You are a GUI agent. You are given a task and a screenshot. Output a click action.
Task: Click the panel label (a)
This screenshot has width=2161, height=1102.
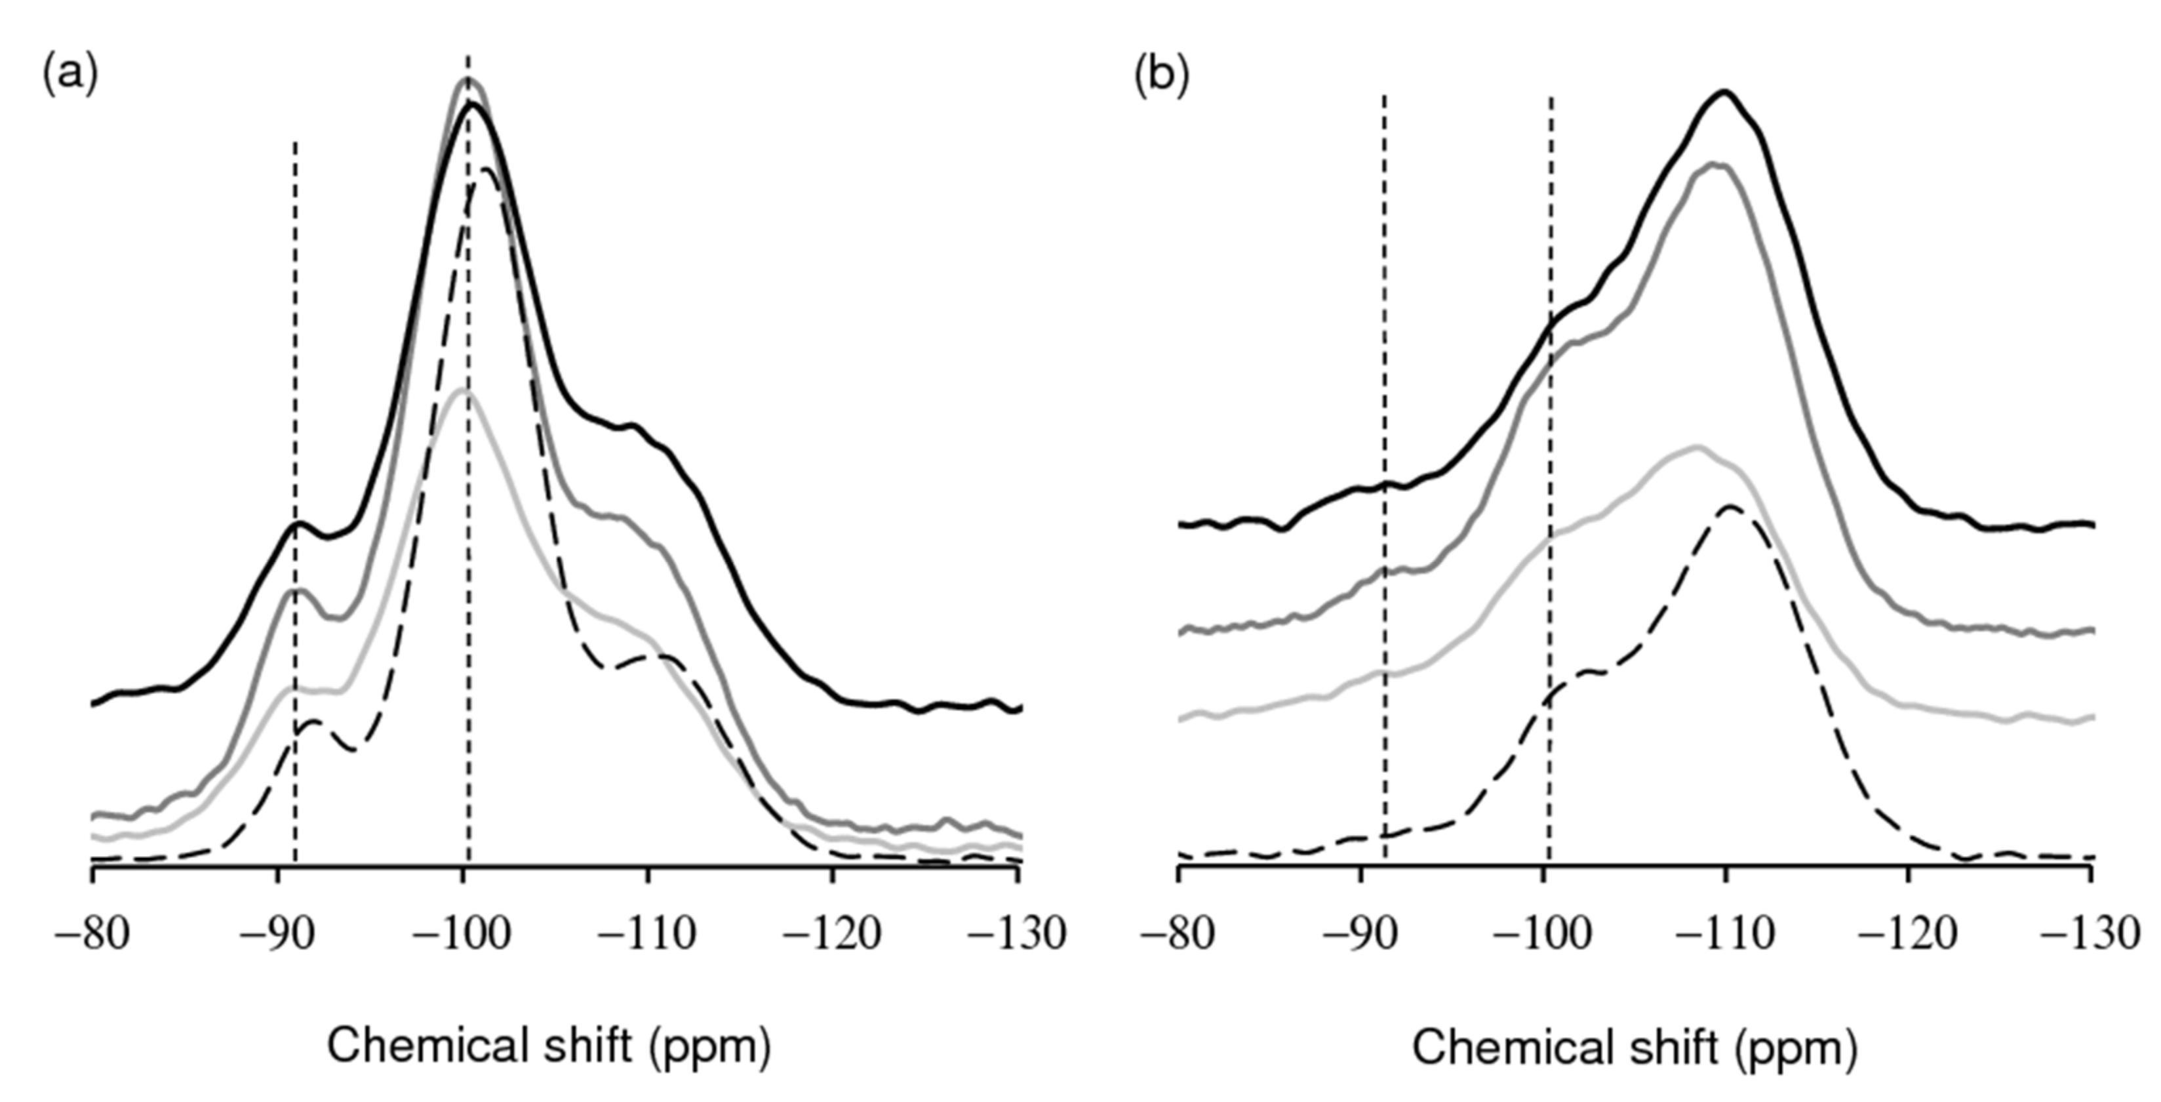pyautogui.click(x=69, y=75)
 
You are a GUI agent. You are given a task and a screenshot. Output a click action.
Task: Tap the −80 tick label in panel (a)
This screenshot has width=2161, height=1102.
pyautogui.click(x=92, y=933)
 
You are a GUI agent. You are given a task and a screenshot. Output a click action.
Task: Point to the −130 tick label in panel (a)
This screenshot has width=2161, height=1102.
pyautogui.click(x=1017, y=933)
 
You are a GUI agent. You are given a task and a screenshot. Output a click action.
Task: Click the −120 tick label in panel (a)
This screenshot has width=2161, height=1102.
pyautogui.click(x=831, y=933)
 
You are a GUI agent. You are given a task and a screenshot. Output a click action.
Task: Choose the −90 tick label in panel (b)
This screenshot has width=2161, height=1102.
pyautogui.click(x=1359, y=933)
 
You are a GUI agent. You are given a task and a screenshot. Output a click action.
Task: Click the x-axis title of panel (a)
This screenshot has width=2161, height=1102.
pyautogui.click(x=549, y=1046)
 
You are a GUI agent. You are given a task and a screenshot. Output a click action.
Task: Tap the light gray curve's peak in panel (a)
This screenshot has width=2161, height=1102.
pyautogui.click(x=463, y=391)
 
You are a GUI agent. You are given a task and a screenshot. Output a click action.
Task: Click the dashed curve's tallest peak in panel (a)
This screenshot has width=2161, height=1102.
pyautogui.click(x=486, y=169)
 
